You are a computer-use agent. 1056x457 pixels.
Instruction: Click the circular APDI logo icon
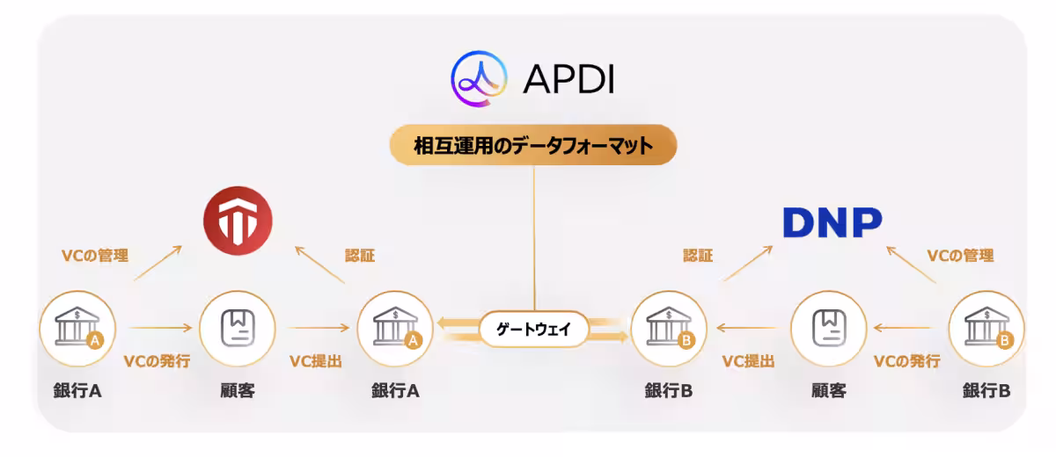[x=480, y=79]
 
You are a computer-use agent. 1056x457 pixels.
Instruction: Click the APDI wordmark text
[x=568, y=79]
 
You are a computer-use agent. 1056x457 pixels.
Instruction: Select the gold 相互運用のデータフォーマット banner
[x=533, y=145]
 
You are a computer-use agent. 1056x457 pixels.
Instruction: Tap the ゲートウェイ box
[x=533, y=330]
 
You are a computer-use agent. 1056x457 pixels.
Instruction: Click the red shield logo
[x=238, y=220]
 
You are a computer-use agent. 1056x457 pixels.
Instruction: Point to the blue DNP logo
[x=832, y=222]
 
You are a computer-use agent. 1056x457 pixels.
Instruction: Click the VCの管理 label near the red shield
[x=95, y=256]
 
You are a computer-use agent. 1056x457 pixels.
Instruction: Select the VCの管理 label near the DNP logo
[x=960, y=256]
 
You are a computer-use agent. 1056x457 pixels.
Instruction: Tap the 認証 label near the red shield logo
[x=360, y=256]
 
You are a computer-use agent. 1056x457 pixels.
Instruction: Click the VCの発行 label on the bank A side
[x=157, y=360]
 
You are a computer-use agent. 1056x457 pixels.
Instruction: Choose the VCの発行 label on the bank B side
[x=906, y=360]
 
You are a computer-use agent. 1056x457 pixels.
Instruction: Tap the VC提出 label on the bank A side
[x=315, y=360]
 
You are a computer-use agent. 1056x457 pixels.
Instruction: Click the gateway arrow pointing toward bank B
[x=607, y=336]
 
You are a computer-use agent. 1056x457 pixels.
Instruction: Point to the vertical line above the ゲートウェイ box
[x=533, y=237]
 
